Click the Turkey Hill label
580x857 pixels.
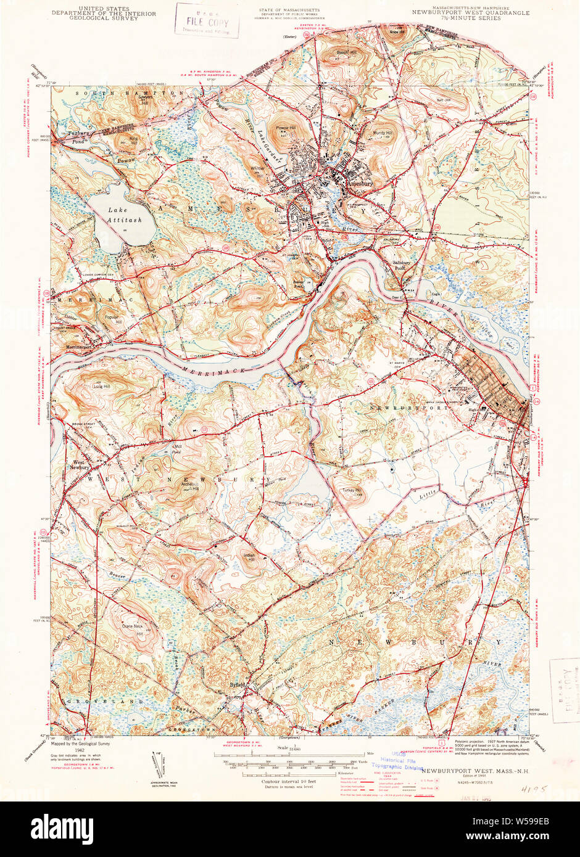[x=349, y=490]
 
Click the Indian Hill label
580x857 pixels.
[x=249, y=557]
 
